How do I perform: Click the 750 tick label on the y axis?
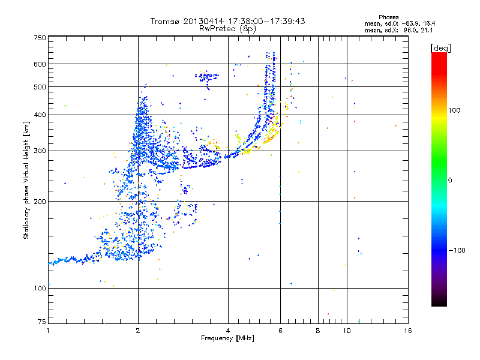[40, 37]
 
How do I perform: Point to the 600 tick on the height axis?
[40, 64]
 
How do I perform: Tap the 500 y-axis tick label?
[40, 86]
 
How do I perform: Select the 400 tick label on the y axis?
[40, 115]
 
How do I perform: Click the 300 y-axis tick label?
[40, 151]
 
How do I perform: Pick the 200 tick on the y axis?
[40, 201]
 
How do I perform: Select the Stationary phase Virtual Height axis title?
[26, 180]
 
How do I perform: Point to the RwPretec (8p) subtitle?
[227, 28]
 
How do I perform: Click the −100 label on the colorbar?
[459, 250]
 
